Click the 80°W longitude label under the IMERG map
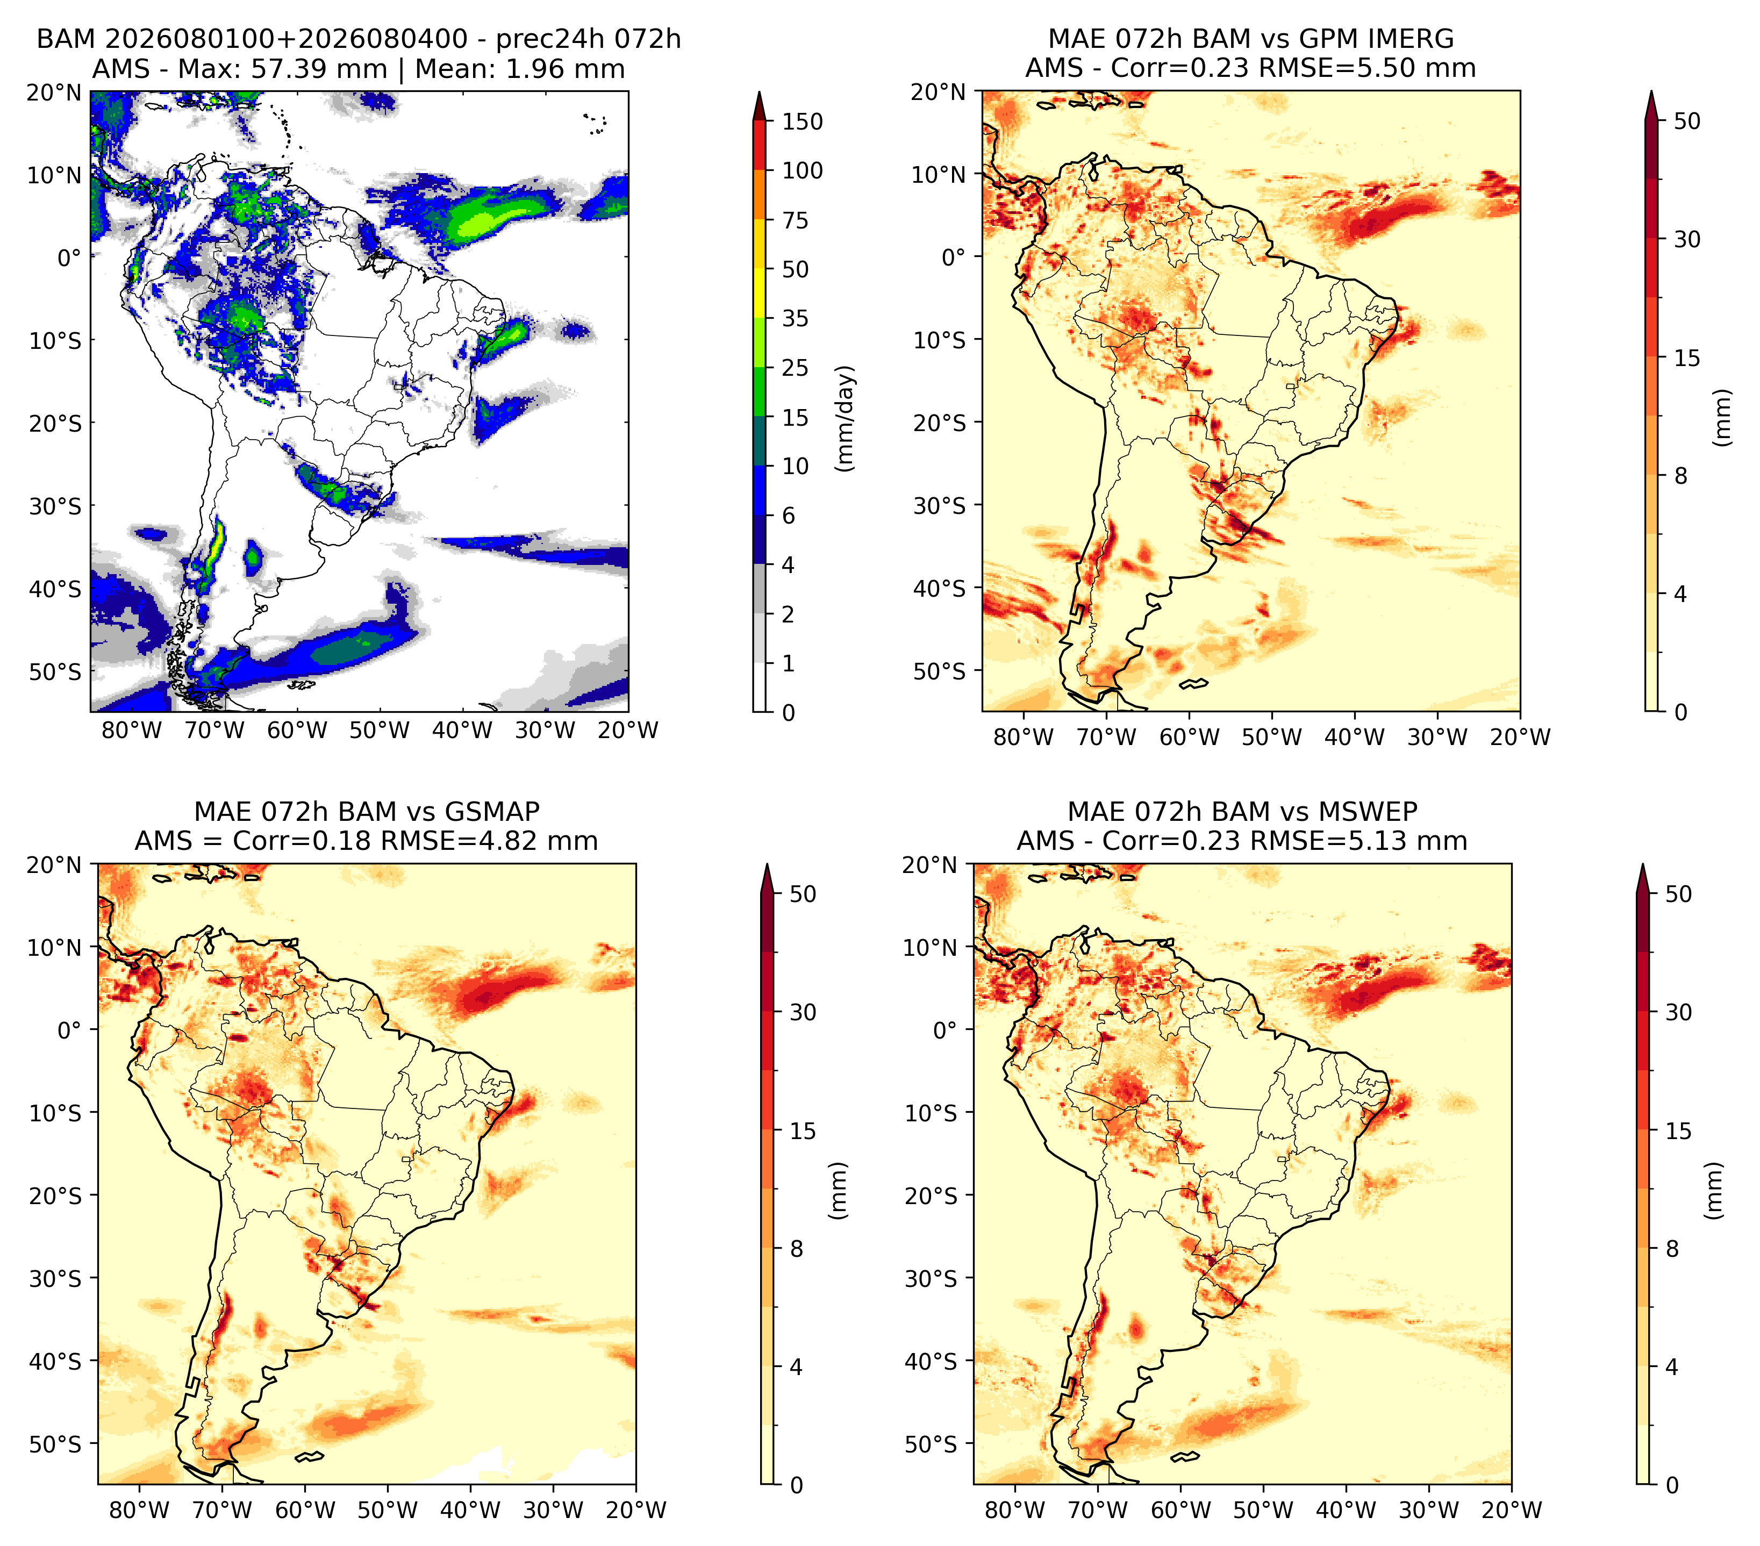[1023, 737]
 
